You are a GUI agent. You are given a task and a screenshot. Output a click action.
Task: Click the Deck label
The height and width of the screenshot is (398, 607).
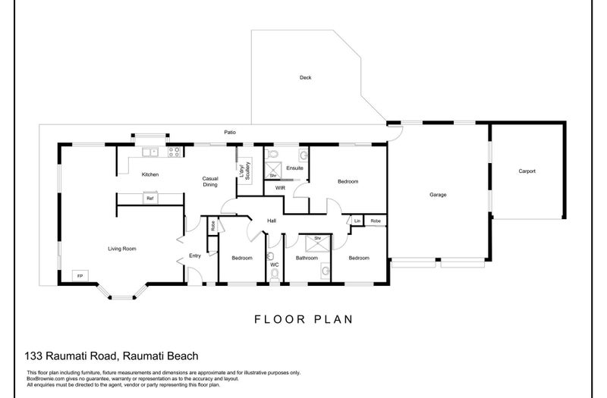click(x=305, y=77)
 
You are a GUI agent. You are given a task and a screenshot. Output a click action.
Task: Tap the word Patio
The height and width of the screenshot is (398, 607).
click(x=229, y=133)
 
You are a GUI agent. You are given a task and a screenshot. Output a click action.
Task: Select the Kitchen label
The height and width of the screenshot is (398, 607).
click(x=149, y=174)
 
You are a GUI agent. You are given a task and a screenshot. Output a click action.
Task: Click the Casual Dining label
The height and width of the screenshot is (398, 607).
click(x=210, y=181)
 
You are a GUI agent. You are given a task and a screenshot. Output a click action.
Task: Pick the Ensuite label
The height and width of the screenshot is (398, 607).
click(x=295, y=168)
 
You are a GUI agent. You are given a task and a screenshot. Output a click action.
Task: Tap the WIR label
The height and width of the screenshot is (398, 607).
click(x=279, y=186)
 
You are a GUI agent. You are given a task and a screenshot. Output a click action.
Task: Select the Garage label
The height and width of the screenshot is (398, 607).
click(x=438, y=195)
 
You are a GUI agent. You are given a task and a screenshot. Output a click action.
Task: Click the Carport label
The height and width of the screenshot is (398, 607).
click(x=527, y=171)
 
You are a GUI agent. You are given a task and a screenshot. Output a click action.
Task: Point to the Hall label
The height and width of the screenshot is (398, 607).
click(x=270, y=221)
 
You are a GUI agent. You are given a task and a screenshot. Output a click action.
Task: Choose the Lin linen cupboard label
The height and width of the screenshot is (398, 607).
click(x=357, y=221)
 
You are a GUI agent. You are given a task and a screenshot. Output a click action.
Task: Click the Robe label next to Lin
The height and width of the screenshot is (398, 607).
click(x=375, y=221)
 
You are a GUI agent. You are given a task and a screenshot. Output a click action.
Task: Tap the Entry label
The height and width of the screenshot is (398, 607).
click(x=195, y=255)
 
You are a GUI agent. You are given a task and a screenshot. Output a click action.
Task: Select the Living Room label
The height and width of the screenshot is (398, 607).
click(x=121, y=248)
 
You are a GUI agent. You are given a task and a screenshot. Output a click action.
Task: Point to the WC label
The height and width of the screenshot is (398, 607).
click(x=275, y=265)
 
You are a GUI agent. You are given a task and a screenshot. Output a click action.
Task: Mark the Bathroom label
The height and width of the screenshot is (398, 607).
click(x=307, y=259)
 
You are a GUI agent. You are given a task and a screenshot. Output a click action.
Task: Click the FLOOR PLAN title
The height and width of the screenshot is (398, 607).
click(x=303, y=319)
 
